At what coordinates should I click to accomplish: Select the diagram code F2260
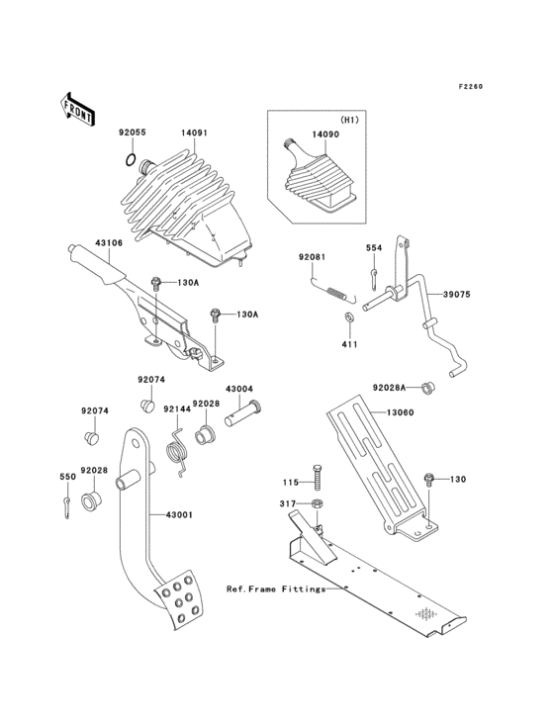pyautogui.click(x=471, y=88)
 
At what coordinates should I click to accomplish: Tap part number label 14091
pyautogui.click(x=194, y=130)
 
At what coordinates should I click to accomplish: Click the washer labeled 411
pyautogui.click(x=350, y=317)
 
